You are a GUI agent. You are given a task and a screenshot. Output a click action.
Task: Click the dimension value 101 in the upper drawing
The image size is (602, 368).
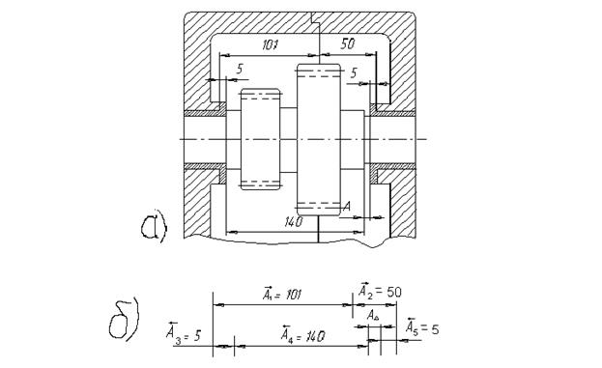pyautogui.click(x=270, y=44)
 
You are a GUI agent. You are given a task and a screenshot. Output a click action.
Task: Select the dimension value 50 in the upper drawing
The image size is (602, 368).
pyautogui.click(x=348, y=43)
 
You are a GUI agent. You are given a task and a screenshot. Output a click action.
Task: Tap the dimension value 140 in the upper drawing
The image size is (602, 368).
pyautogui.click(x=294, y=222)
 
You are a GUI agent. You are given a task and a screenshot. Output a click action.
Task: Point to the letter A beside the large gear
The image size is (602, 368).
pyautogui.click(x=346, y=207)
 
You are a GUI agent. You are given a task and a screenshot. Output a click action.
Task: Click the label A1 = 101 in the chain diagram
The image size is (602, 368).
pyautogui.click(x=282, y=294)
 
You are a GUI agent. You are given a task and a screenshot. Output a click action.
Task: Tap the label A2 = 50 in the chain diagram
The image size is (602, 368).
pyautogui.click(x=380, y=292)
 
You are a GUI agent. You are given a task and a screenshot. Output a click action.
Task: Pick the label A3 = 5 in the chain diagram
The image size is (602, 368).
pyautogui.click(x=184, y=331)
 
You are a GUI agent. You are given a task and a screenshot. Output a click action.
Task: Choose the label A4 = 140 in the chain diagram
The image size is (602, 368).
pyautogui.click(x=302, y=334)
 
